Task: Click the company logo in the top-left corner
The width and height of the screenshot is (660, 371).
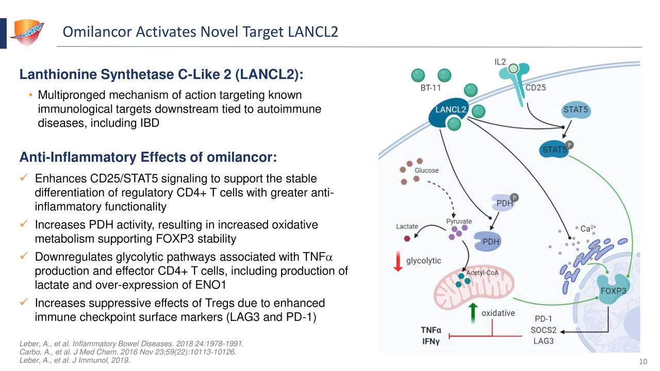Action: pyautogui.click(x=26, y=32)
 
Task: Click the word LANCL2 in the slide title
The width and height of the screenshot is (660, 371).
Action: pyautogui.click(x=313, y=32)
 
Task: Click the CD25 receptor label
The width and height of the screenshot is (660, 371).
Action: pyautogui.click(x=535, y=88)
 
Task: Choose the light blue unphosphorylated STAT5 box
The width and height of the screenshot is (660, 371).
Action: pyautogui.click(x=575, y=111)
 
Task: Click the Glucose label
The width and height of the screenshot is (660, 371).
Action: pyautogui.click(x=426, y=171)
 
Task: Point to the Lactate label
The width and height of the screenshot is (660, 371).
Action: pyautogui.click(x=407, y=226)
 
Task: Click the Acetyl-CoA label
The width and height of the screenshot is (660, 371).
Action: pyautogui.click(x=482, y=273)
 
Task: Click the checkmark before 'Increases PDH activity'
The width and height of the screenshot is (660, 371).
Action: pyautogui.click(x=24, y=225)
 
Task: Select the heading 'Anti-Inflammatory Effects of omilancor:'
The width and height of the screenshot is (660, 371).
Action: pyautogui.click(x=148, y=157)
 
